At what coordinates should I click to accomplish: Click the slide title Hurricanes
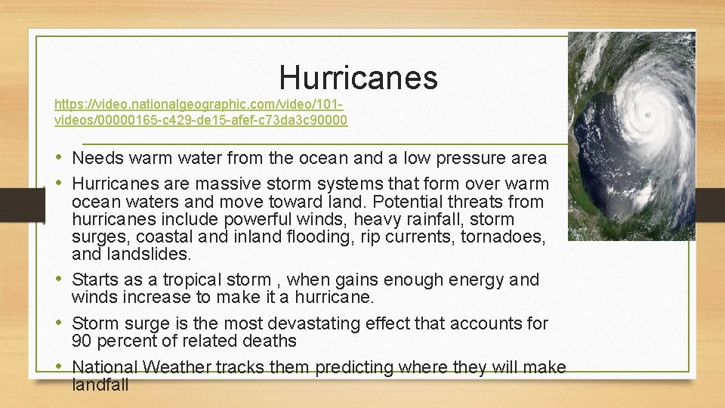[358, 77]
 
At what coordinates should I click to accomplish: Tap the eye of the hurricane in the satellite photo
[646, 115]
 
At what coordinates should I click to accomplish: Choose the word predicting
[354, 367]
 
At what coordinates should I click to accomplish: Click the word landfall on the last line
[100, 385]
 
